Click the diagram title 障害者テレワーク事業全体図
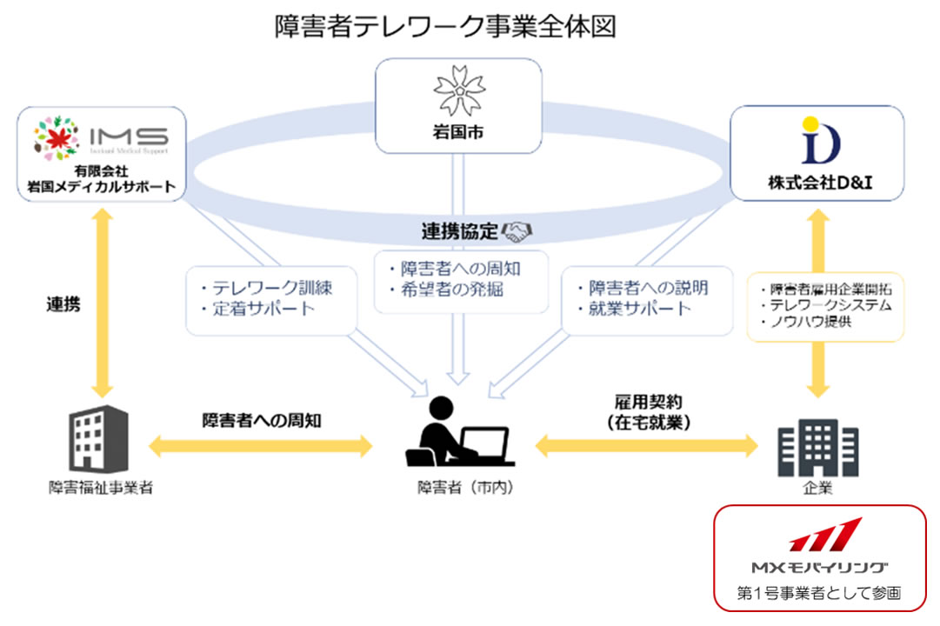pyautogui.click(x=445, y=26)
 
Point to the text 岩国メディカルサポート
pyautogui.click(x=101, y=186)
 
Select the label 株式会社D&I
pyautogui.click(x=816, y=183)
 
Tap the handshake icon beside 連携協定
pyautogui.click(x=519, y=231)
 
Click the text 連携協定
pyautogui.click(x=460, y=231)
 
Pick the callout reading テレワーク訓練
pyautogui.click(x=265, y=287)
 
